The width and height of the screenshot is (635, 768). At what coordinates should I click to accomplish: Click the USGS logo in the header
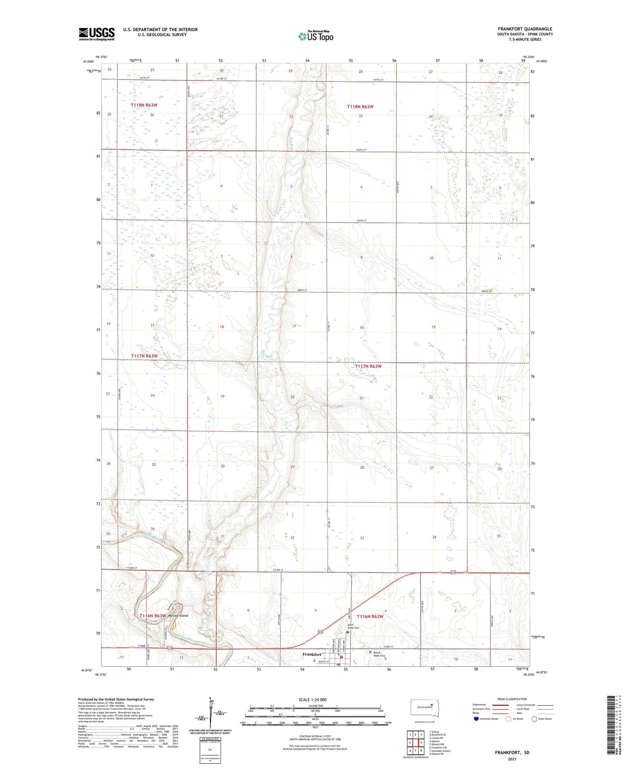coord(97,34)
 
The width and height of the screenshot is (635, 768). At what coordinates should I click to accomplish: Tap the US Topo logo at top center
coord(316,36)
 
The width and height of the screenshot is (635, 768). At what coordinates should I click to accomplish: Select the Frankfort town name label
coord(312,654)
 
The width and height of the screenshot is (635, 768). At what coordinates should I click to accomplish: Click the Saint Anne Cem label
coord(353,626)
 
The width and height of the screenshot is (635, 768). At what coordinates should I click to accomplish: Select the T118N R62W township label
coord(360,107)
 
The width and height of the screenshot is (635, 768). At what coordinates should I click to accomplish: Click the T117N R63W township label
coord(144,356)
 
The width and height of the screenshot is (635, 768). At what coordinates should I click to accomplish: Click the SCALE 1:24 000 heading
coord(312,699)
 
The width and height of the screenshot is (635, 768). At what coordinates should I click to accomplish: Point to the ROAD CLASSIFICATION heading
coord(512,699)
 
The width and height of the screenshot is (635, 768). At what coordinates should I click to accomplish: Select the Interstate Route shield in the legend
coord(476,719)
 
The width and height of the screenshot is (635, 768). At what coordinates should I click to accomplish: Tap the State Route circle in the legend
coord(534,719)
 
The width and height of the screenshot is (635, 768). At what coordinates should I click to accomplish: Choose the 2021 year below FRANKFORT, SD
coord(512,759)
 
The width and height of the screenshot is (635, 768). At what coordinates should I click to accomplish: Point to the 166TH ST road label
coord(361,150)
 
